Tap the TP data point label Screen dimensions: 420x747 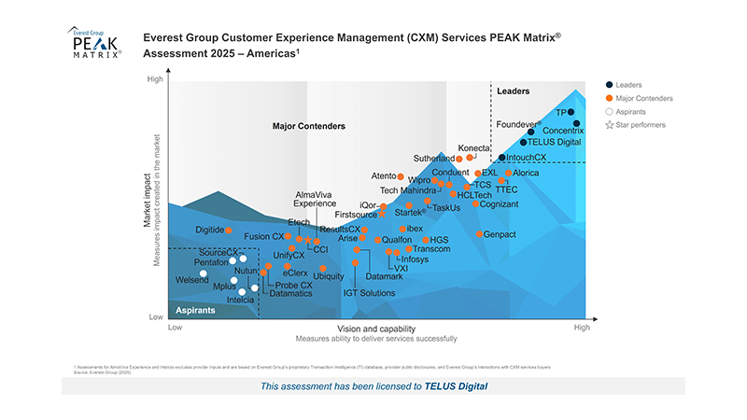click(562, 112)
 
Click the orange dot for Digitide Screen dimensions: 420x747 click(229, 230)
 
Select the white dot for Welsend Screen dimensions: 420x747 click(204, 273)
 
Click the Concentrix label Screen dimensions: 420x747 click(563, 131)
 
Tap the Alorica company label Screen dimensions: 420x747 click(526, 173)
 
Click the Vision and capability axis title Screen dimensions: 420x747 click(375, 329)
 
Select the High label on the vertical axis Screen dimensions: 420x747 click(155, 80)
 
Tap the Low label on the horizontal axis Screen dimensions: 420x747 click(175, 329)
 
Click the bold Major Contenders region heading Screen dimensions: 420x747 click(308, 125)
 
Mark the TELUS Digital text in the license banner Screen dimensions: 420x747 click(457, 385)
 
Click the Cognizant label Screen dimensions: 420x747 click(500, 203)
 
